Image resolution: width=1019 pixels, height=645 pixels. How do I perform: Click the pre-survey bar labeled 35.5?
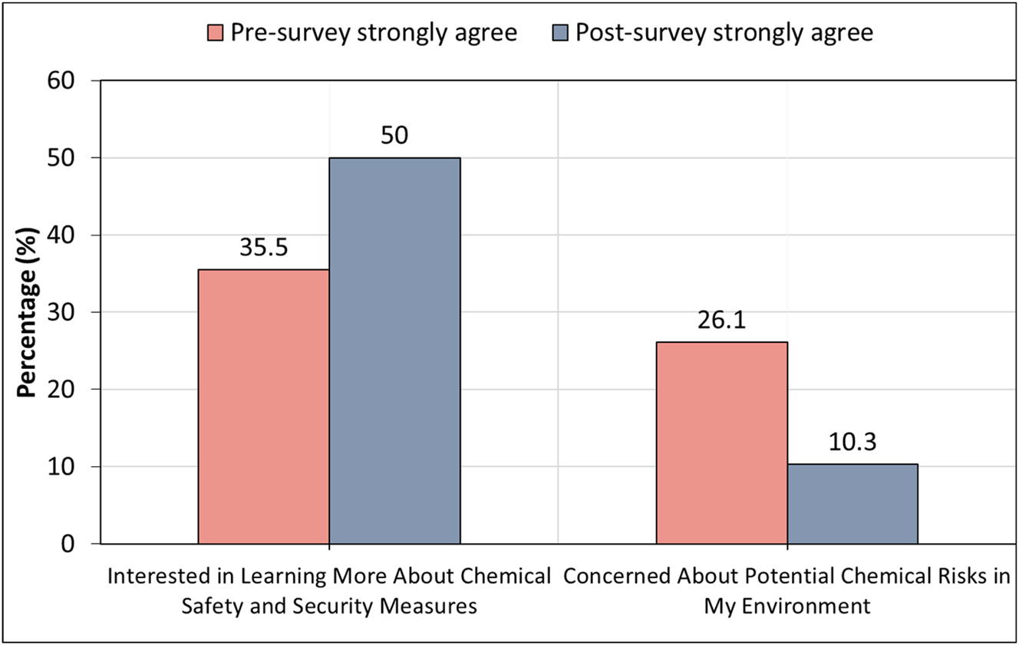click(x=263, y=406)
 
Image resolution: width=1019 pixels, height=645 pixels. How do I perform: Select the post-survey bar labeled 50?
click(x=394, y=350)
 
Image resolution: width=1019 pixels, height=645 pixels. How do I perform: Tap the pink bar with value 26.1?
click(x=721, y=443)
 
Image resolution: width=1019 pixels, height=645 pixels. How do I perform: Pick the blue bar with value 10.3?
click(x=852, y=504)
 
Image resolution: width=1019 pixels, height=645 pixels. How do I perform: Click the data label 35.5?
click(x=263, y=250)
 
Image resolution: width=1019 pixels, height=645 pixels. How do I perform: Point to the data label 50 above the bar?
click(x=394, y=136)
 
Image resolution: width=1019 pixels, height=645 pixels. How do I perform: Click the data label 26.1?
click(x=721, y=322)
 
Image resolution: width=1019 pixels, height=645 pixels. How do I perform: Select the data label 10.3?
click(x=852, y=444)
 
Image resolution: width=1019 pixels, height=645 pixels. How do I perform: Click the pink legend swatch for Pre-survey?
click(x=214, y=33)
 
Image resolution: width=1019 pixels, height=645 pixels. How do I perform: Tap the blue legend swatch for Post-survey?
click(x=559, y=33)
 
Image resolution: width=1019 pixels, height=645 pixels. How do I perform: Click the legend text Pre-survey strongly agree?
click(x=374, y=33)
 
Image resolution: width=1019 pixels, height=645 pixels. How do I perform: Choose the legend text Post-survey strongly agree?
click(x=724, y=33)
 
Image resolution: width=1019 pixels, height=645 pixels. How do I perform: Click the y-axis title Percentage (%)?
click(x=28, y=313)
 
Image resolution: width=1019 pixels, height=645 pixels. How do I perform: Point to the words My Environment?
click(x=787, y=606)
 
